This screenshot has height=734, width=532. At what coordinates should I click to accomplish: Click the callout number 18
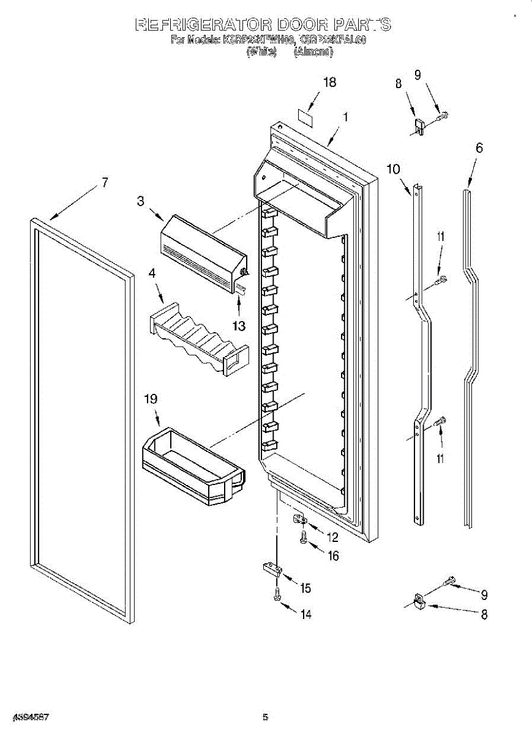click(329, 83)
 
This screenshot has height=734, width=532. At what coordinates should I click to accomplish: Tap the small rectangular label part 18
click(305, 117)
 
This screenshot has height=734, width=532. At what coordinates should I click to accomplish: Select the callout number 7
click(105, 182)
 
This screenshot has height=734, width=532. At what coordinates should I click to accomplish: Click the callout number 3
click(141, 201)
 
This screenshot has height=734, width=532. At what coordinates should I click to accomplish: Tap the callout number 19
click(150, 399)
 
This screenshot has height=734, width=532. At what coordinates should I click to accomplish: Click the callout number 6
click(479, 147)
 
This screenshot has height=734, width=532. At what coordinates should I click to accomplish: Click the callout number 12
click(332, 538)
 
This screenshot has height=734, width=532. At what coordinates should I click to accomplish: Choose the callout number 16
click(332, 556)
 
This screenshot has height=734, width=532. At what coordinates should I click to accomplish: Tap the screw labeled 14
click(277, 593)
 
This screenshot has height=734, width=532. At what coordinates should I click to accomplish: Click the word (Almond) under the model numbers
click(313, 53)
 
